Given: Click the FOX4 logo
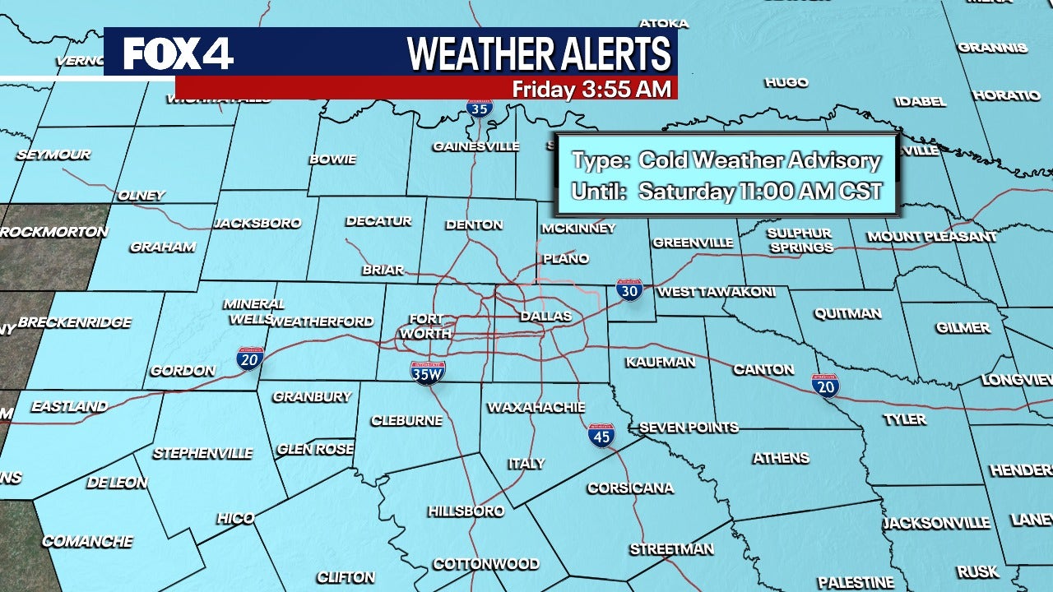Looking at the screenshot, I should (x=178, y=54).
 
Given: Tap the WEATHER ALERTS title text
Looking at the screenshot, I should (x=540, y=54).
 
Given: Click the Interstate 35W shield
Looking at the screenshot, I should (x=428, y=372).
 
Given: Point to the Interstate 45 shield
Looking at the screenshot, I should (x=601, y=435).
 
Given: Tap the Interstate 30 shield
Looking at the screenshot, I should (x=629, y=289).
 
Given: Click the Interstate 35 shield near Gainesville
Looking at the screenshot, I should (x=480, y=108).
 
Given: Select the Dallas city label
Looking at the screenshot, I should (x=545, y=316).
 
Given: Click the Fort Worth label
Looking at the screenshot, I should (x=424, y=326).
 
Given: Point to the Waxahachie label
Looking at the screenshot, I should (x=536, y=407).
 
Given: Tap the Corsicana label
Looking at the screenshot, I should (x=630, y=488).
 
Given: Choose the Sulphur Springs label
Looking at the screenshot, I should (x=800, y=240).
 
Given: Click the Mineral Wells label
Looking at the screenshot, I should (x=254, y=312).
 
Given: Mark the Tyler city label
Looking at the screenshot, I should (x=905, y=419).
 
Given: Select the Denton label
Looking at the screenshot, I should (x=474, y=224).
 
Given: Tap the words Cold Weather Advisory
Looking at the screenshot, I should (x=759, y=161).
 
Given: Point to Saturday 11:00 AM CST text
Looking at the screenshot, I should (x=759, y=192).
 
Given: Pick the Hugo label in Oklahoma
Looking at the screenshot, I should (x=786, y=82).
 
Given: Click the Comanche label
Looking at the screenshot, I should (x=87, y=541).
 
